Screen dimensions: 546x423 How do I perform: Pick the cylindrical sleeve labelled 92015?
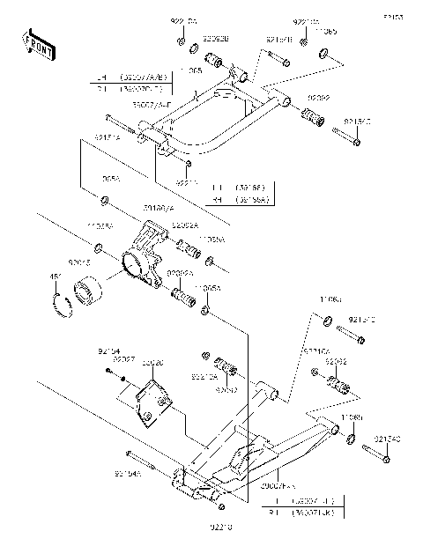(88, 291)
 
